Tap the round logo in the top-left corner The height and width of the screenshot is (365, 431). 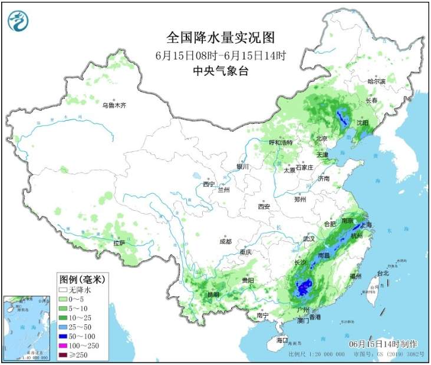(x=18, y=22)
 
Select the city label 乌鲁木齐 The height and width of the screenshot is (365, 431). (x=114, y=105)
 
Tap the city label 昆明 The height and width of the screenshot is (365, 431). (x=213, y=294)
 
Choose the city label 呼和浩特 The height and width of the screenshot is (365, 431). (x=281, y=142)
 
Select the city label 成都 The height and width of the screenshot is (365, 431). (x=225, y=241)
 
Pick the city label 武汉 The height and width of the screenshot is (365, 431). (x=310, y=238)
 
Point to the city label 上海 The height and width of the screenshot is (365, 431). (x=366, y=225)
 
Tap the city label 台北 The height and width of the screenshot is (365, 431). (x=383, y=273)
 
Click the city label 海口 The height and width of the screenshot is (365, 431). (x=282, y=340)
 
